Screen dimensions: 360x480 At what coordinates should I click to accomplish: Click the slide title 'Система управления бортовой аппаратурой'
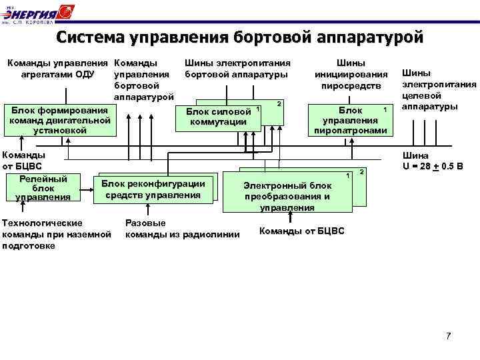coord(239,37)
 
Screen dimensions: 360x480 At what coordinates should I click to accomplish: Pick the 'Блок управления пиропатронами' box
coord(351,121)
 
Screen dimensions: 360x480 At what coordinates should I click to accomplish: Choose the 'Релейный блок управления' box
coord(43,187)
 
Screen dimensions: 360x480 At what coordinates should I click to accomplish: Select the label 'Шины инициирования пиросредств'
coord(351,74)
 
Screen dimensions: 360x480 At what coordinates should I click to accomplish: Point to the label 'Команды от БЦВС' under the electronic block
coord(301,231)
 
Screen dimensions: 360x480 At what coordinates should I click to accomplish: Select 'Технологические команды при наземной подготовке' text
coord(57,234)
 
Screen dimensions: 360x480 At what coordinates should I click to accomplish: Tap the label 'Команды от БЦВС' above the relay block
coord(20,160)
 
